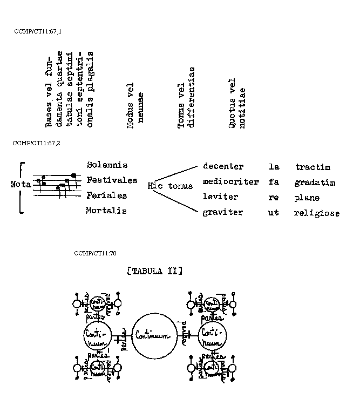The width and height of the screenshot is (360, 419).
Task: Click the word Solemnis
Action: (107, 165)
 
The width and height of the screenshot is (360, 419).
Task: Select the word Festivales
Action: (112, 180)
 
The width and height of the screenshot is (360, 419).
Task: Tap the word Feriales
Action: (106, 195)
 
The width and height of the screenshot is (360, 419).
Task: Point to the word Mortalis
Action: (106, 211)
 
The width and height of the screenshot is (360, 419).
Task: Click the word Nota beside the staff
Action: (21, 184)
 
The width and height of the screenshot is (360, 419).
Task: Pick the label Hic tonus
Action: (170, 186)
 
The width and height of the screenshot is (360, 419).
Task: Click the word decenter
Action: (223, 167)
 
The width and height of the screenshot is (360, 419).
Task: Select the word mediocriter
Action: (230, 182)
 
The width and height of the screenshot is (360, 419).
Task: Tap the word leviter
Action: (220, 197)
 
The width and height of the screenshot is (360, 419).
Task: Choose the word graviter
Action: (223, 213)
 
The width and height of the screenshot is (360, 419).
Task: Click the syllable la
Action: (274, 167)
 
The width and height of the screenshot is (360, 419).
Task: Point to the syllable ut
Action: (274, 213)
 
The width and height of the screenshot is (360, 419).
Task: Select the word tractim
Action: (313, 167)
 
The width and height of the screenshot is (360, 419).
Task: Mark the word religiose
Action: (317, 213)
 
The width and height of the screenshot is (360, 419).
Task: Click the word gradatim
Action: (315, 183)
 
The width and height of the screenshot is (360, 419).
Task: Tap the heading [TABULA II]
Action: (154, 271)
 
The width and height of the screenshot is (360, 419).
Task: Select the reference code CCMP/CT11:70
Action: (95, 253)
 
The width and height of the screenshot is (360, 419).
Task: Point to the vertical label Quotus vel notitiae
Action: (237, 104)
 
